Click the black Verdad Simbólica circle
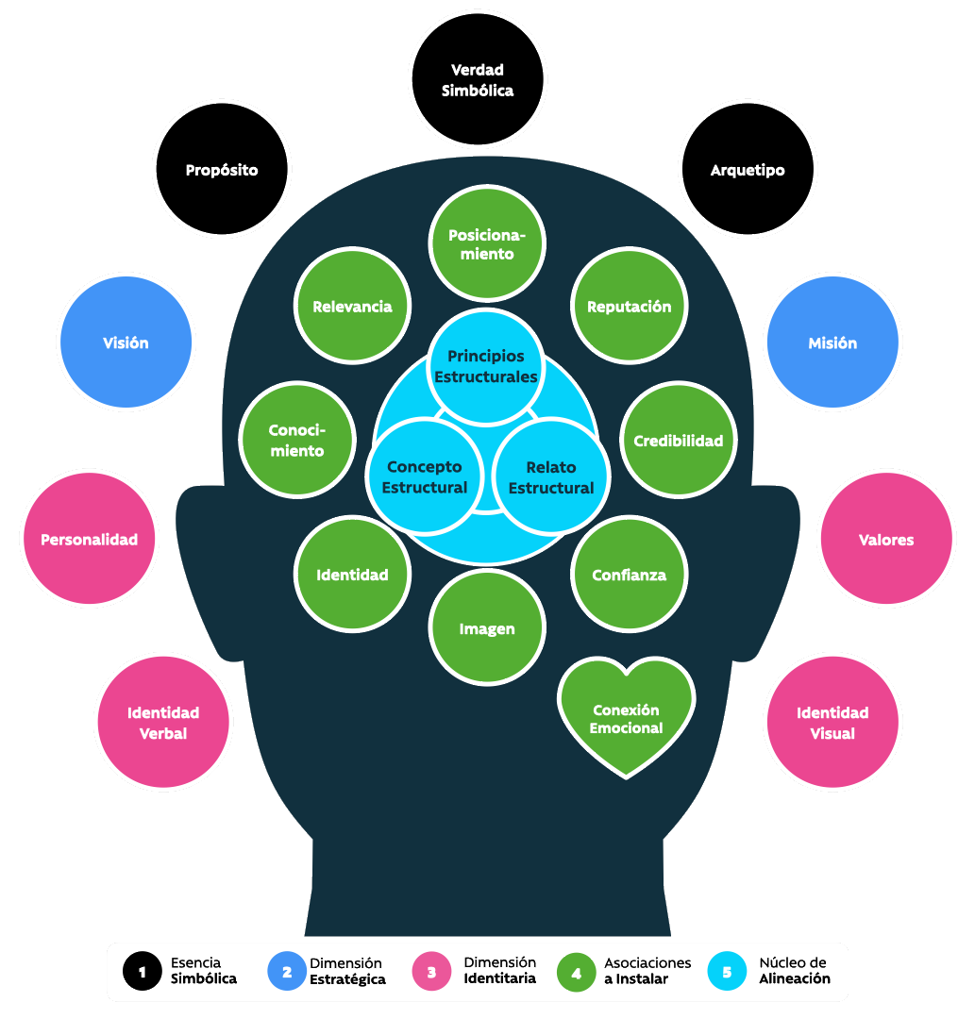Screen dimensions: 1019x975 tap(477, 80)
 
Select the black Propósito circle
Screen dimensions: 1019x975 tap(222, 170)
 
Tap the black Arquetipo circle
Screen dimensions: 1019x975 tap(748, 170)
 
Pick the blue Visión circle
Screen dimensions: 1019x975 tap(126, 343)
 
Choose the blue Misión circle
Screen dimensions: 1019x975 tap(832, 343)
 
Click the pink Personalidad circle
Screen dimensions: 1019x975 tap(90, 540)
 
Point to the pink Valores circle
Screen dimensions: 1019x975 tap(886, 540)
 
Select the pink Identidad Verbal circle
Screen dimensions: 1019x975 tap(163, 723)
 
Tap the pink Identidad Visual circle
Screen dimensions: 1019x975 tap(832, 723)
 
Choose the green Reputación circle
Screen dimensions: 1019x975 tap(630, 307)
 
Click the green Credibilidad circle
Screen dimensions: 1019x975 tap(678, 441)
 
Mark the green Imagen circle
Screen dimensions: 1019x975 tap(487, 628)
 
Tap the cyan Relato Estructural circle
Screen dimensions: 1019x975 tap(551, 477)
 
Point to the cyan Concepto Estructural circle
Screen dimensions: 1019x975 tap(424, 477)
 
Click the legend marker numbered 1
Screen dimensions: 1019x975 tap(143, 972)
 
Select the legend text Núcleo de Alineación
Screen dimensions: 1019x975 tap(794, 971)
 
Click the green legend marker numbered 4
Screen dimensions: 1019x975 tap(576, 972)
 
